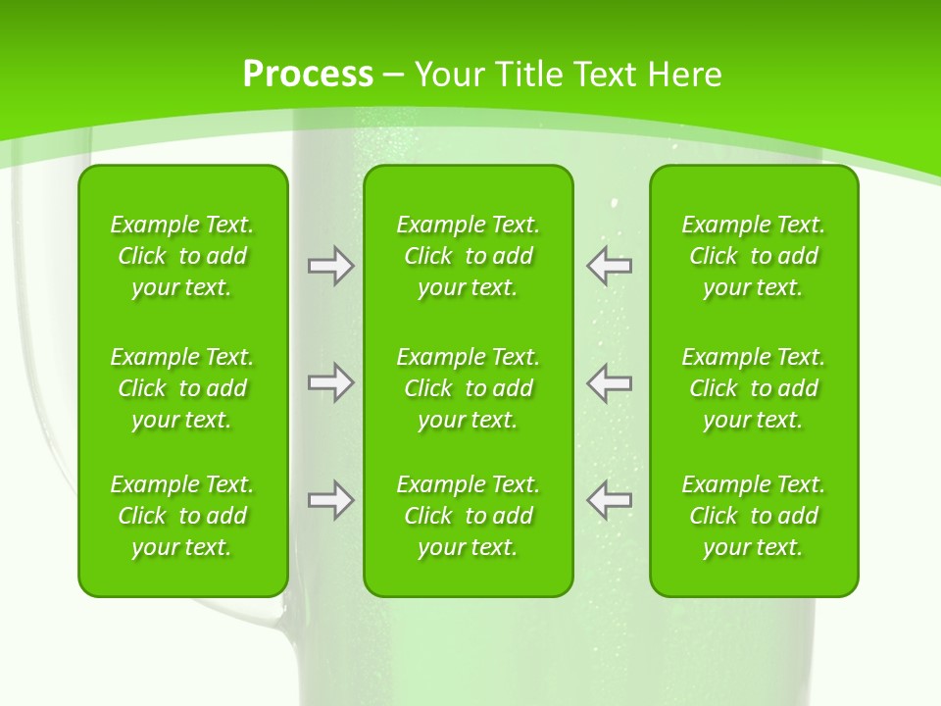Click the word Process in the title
308,75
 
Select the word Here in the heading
686,75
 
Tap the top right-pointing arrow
331,265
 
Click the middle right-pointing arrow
331,382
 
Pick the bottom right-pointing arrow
331,500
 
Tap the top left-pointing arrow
609,265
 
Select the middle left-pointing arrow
609,382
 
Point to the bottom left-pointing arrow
609,500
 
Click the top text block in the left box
182,256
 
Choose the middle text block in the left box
182,388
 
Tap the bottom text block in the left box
182,516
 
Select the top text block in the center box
468,256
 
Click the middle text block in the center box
468,388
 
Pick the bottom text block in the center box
468,516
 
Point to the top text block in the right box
753,256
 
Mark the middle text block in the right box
753,388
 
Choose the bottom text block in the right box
753,516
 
